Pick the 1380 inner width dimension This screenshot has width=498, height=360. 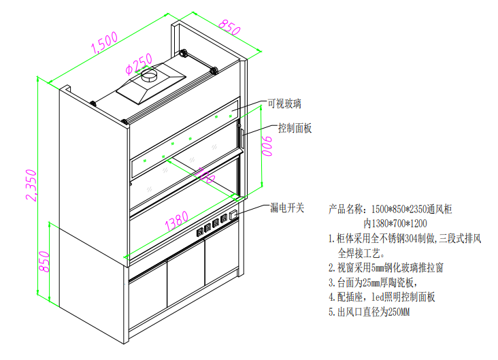pyautogui.click(x=176, y=218)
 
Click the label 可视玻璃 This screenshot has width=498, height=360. pyautogui.click(x=284, y=104)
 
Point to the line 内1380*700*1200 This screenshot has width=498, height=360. pyautogui.click(x=395, y=223)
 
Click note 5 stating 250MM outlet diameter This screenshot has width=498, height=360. pyautogui.click(x=371, y=312)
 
